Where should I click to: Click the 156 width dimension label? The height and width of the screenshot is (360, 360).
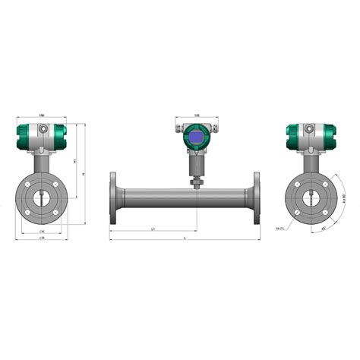pos(41,116)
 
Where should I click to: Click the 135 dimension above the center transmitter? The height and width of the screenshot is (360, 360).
pos(197,116)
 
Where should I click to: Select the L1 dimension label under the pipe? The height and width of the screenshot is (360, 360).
pos(154,228)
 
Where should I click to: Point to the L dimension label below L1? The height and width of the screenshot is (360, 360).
pos(186,238)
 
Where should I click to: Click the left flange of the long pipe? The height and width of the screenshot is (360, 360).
pos(113,198)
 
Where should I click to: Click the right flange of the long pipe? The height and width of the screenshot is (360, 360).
pos(256,198)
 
